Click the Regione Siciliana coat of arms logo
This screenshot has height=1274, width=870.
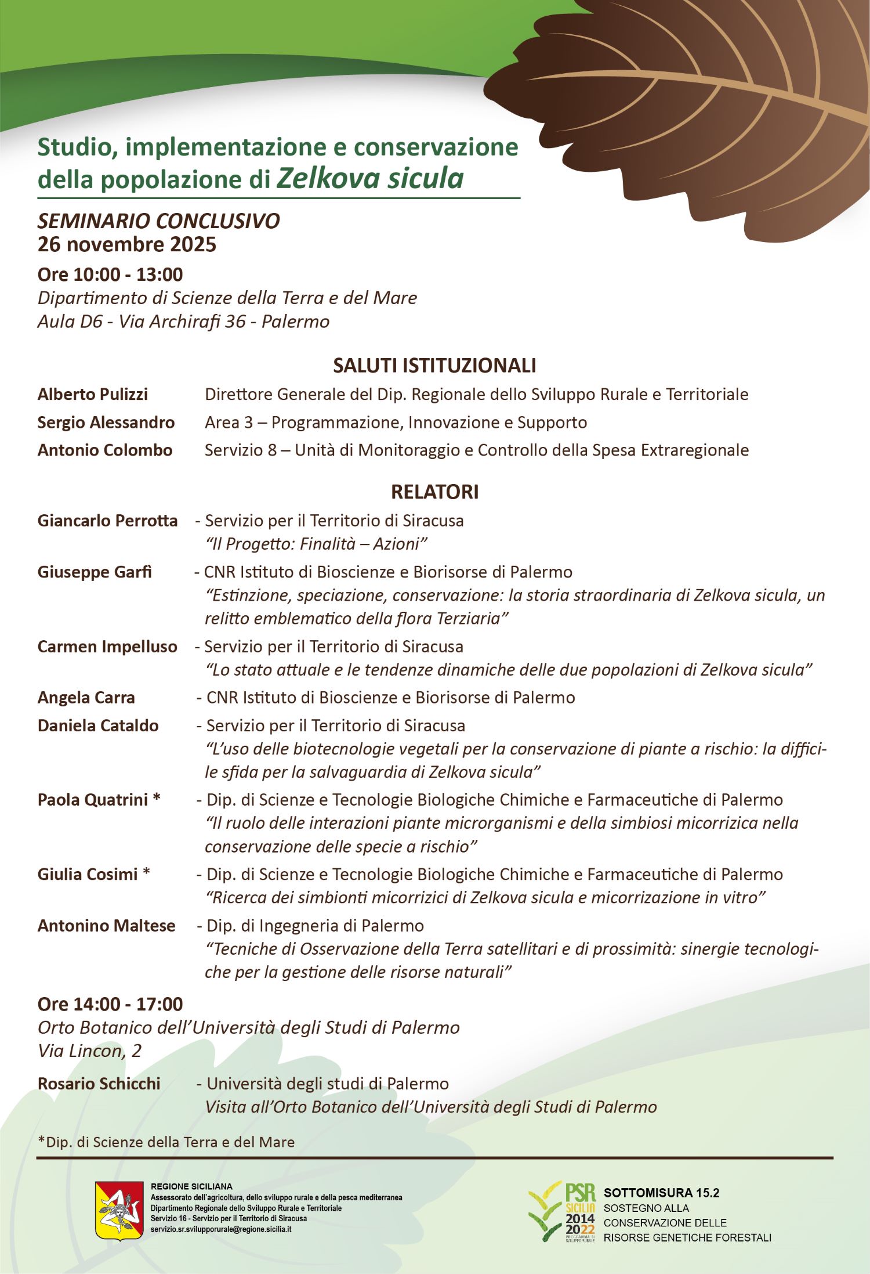pos(119,1210)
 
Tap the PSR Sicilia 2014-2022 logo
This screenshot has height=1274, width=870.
pos(562,1211)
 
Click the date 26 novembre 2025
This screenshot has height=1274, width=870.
pos(127,244)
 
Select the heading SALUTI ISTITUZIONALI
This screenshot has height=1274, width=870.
pos(434,366)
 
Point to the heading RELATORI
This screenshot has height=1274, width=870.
pos(434,492)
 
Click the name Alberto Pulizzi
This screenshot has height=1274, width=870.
pos(93,394)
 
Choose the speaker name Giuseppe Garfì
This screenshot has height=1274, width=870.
pos(95,572)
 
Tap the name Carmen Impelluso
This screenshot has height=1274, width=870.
pos(107,647)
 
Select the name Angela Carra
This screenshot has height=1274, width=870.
pos(86,697)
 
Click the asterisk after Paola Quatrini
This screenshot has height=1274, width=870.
pos(157,799)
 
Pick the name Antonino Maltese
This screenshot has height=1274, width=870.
pos(106,925)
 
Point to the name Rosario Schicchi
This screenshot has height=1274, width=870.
pos(99,1083)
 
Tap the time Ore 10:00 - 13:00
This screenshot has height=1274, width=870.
pos(110,274)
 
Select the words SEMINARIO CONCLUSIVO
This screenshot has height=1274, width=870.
pos(158,221)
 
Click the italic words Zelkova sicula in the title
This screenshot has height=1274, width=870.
pos(370,178)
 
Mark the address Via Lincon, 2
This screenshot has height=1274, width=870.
pos(89,1051)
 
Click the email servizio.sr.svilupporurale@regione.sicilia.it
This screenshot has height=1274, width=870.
pos(221,1229)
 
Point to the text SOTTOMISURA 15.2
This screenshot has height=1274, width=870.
pos(661,1193)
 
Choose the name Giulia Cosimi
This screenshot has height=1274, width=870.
pos(88,874)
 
